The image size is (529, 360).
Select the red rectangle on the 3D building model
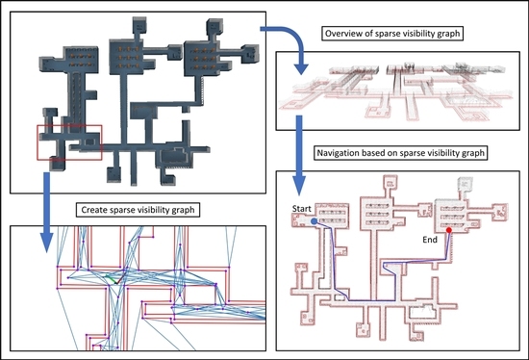68,141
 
